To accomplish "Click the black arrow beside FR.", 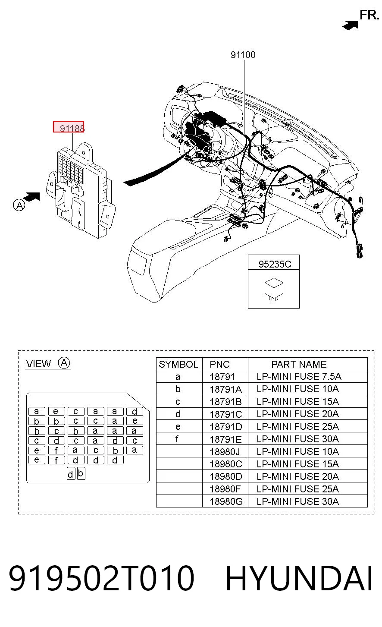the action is point(350,25).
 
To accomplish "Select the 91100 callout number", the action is point(243,55).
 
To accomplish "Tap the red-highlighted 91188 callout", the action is point(69,127).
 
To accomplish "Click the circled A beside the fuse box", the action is point(19,205).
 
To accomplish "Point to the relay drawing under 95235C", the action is point(274,289).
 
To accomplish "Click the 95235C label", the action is point(275,264).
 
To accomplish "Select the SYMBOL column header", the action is point(178,364).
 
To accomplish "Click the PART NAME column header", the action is point(299,364).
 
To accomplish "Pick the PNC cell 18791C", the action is point(225,414).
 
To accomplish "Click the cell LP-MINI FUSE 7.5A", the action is point(299,376).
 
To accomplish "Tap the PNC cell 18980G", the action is point(226,501).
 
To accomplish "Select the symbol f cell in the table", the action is point(177,439).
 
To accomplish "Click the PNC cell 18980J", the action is point(225,451).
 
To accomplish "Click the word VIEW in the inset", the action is point(39,364).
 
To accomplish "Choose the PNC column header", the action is point(219,364).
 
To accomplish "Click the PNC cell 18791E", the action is point(225,439).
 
